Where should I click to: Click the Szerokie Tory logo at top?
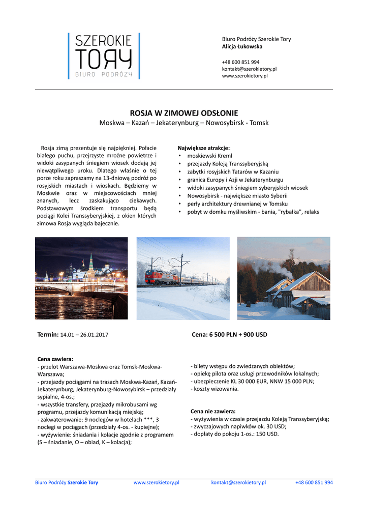coord(104,56)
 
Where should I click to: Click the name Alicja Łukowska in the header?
coord(242,46)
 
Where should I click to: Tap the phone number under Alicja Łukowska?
coord(240,62)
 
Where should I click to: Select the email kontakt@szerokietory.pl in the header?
coord(249,69)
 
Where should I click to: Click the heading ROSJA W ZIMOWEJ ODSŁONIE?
coord(184,113)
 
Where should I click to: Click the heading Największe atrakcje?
coord(203,148)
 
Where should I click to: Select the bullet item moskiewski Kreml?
coord(209,156)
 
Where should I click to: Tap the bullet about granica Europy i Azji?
coord(235,180)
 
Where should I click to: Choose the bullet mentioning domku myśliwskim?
coord(253,212)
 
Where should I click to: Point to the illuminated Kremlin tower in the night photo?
coord(90,264)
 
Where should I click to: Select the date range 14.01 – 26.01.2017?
coord(84,335)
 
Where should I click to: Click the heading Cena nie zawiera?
coord(213,411)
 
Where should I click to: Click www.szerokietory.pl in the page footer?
coord(156,482)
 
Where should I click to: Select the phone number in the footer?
coord(314,482)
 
